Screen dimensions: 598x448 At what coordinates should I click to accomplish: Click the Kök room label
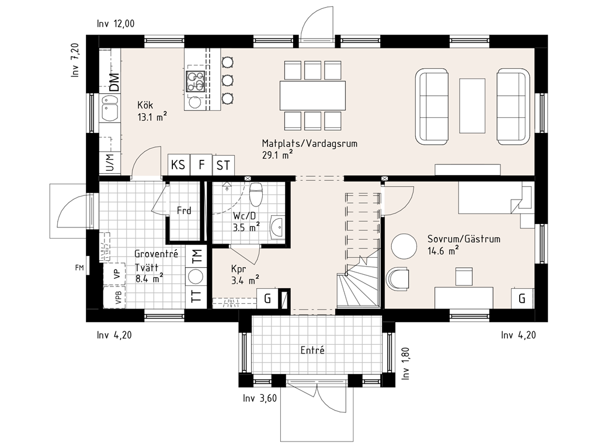pyautogui.click(x=145, y=105)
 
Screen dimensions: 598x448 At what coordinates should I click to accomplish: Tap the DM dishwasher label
pyautogui.click(x=114, y=82)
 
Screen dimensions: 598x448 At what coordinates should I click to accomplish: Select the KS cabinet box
pyautogui.click(x=179, y=164)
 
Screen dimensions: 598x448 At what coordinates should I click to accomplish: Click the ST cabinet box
pyautogui.click(x=223, y=165)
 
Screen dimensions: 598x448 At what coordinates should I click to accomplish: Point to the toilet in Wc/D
pyautogui.click(x=256, y=194)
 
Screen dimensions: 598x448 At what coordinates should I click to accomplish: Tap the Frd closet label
pyautogui.click(x=184, y=210)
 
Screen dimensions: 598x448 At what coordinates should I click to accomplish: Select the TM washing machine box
pyautogui.click(x=196, y=256)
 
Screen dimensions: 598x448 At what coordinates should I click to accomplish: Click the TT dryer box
pyautogui.click(x=196, y=296)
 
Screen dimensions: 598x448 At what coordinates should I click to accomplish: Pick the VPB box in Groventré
pyautogui.click(x=114, y=297)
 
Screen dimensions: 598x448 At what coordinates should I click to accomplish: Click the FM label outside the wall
pyautogui.click(x=79, y=268)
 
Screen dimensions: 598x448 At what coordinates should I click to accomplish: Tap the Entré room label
pyautogui.click(x=312, y=350)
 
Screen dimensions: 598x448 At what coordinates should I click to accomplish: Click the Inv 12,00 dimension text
pyautogui.click(x=116, y=23)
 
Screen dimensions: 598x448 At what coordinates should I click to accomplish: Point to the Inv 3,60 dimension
pyautogui.click(x=260, y=398)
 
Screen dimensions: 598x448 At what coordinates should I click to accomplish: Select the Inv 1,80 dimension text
pyautogui.click(x=405, y=363)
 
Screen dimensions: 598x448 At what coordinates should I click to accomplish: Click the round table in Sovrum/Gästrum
pyautogui.click(x=404, y=247)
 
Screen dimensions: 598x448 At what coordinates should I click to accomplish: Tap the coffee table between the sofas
pyautogui.click(x=472, y=106)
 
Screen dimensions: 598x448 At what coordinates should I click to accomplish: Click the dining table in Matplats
pyautogui.click(x=313, y=95)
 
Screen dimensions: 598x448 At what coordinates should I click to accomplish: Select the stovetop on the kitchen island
pyautogui.click(x=195, y=81)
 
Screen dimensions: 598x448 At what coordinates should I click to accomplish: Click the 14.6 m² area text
pyautogui.click(x=443, y=250)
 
